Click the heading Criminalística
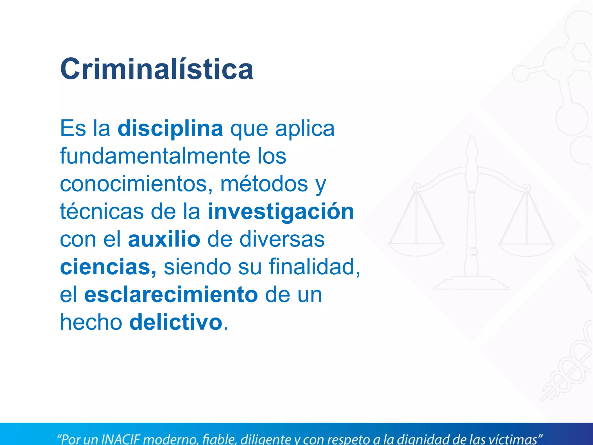pyautogui.click(x=157, y=69)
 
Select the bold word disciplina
pyautogui.click(x=170, y=128)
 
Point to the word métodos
pyautogui.click(x=264, y=184)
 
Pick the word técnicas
pyautogui.click(x=102, y=211)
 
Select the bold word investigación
pyautogui.click(x=281, y=212)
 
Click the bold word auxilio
pyautogui.click(x=164, y=239)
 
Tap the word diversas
pyautogui.click(x=282, y=239)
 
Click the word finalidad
pyautogui.click(x=314, y=267)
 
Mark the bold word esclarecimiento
pyautogui.click(x=171, y=295)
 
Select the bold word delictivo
pyautogui.click(x=176, y=322)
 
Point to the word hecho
pyautogui.click(x=91, y=322)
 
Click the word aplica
pyautogui.click(x=305, y=128)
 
